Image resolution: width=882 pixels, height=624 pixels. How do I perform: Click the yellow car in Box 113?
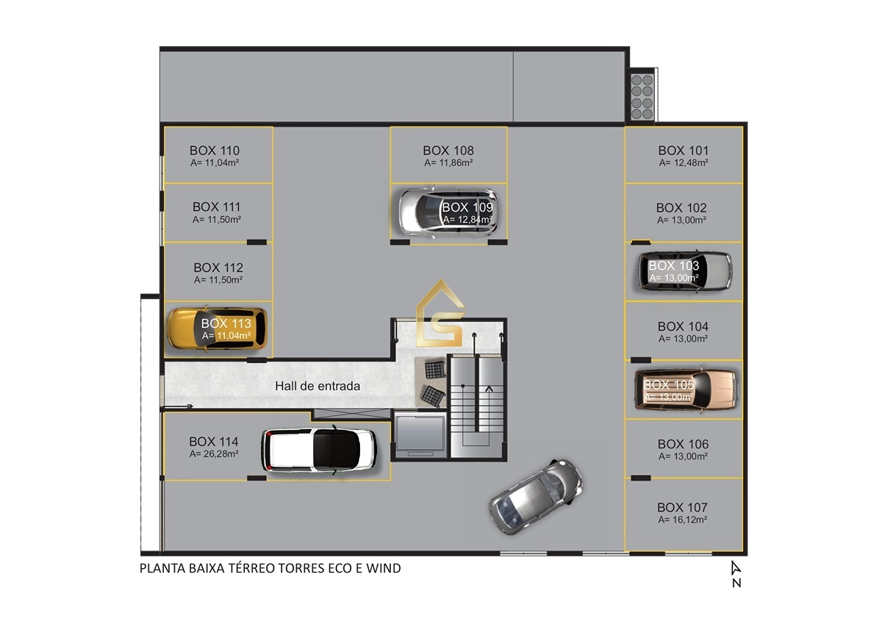coord(217,329)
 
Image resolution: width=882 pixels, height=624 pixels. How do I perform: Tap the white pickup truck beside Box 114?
coord(319,449)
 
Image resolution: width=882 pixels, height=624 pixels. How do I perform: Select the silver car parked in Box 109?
coord(448,212)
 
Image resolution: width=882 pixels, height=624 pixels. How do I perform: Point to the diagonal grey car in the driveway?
coord(536,496)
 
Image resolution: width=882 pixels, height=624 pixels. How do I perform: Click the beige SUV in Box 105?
coord(685,390)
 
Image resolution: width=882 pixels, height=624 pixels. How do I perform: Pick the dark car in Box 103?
coord(686,272)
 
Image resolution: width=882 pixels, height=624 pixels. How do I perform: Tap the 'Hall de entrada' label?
coord(318,386)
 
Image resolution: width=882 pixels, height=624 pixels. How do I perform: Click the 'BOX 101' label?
coord(683,151)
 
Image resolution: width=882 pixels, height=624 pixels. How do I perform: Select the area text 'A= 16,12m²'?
coord(682,520)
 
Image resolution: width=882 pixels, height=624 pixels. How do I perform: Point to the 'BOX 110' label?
coord(215,151)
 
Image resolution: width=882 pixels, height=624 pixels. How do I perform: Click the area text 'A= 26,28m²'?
coord(214,454)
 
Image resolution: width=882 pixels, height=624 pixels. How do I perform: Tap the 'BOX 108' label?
coord(448,151)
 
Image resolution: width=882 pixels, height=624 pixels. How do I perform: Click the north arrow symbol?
coord(736,568)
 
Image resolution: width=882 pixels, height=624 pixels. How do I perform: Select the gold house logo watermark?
coord(440,314)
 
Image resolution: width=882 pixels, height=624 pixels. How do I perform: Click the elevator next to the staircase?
coord(420,435)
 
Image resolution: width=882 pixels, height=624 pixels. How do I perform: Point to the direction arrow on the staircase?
coord(489,389)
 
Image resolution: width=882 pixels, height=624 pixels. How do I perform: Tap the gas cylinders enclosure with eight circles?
coord(642,97)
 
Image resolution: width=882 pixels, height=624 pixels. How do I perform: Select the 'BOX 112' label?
coord(218,268)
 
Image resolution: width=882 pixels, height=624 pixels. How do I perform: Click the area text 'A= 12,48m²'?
coord(684,162)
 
